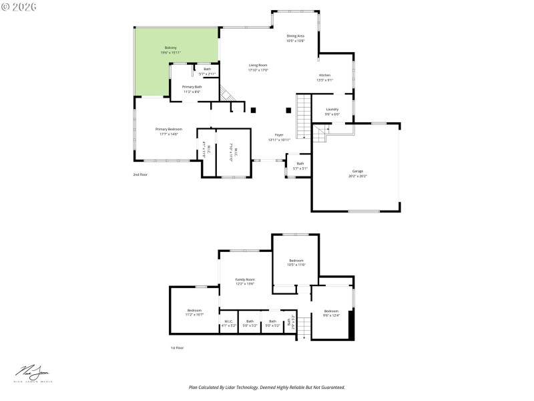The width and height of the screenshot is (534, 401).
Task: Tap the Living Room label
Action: click(x=258, y=68)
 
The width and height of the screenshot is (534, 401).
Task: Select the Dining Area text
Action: click(x=296, y=38)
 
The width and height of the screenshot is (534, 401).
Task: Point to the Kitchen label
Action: click(x=324, y=78)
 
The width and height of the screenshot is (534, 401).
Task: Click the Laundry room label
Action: click(x=332, y=112)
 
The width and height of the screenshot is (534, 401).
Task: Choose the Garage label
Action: click(x=358, y=173)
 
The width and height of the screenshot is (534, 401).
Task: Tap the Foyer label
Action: click(x=279, y=137)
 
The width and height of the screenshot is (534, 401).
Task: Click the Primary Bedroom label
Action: click(x=169, y=131)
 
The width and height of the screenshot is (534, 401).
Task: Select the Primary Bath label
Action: click(x=192, y=89)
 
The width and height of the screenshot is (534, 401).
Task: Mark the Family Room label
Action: click(x=245, y=281)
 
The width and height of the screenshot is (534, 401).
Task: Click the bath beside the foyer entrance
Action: click(x=300, y=166)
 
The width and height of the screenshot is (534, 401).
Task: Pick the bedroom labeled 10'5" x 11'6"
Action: click(x=296, y=263)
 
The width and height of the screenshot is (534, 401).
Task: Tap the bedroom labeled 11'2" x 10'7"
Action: click(x=194, y=312)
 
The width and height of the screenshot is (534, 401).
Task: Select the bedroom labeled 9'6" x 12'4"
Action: click(x=331, y=313)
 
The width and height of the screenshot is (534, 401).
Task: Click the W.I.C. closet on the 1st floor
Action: click(x=228, y=323)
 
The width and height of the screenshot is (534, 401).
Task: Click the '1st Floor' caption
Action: click(x=177, y=348)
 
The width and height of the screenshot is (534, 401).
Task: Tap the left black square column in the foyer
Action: click(x=253, y=110)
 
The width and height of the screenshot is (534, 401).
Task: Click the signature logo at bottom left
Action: click(x=32, y=374)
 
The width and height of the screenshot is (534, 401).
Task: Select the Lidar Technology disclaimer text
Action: click(x=267, y=387)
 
